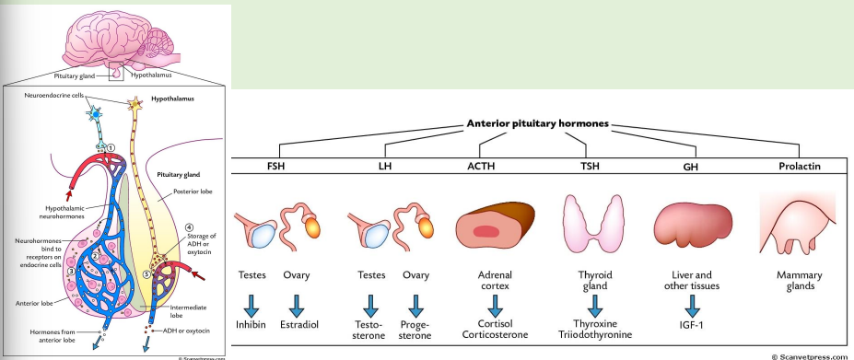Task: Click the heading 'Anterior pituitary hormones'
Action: click(x=539, y=123)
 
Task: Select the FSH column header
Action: click(x=276, y=167)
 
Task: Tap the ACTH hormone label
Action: click(x=491, y=167)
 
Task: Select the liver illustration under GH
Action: click(x=691, y=222)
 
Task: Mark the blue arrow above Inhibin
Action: click(x=257, y=305)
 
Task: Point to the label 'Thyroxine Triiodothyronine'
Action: click(x=589, y=330)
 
